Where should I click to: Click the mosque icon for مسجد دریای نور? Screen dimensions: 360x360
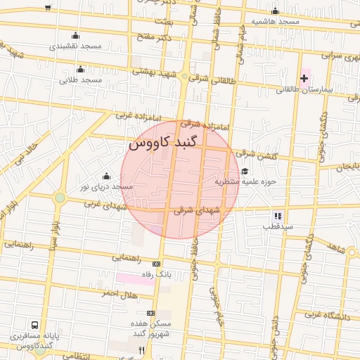coord(106,176)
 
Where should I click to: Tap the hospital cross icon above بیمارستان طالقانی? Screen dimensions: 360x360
coord(304,77)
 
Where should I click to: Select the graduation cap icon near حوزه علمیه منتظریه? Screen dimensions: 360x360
coord(245,171)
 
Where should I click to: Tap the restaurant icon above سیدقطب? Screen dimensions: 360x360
coord(278,216)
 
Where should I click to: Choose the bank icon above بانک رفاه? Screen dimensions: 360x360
coord(156,264)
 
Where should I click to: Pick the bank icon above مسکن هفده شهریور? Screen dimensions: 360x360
coord(150,313)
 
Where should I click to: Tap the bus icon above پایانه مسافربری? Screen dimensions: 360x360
coord(35,326)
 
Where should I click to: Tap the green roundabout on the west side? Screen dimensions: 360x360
coord(60,198)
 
